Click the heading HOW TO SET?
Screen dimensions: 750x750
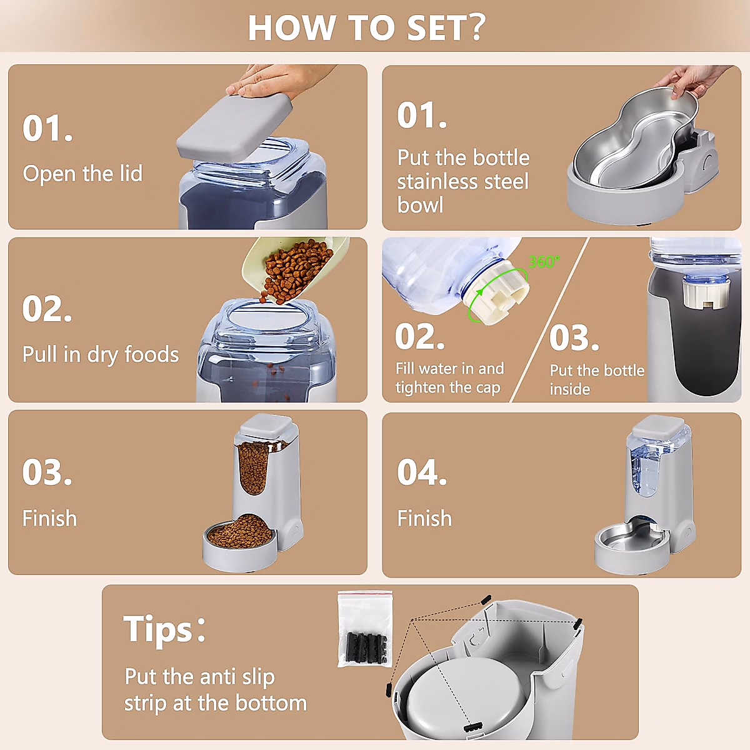pyautogui.click(x=366, y=27)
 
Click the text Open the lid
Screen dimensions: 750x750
pyautogui.click(x=82, y=174)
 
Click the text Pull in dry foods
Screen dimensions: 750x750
pyautogui.click(x=101, y=354)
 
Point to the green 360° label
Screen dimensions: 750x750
pyautogui.click(x=544, y=262)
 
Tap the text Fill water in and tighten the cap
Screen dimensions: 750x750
pyautogui.click(x=449, y=378)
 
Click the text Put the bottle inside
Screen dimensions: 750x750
pyautogui.click(x=596, y=379)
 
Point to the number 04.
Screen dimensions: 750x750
pyautogui.click(x=421, y=472)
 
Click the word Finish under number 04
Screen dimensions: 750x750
pyautogui.click(x=424, y=518)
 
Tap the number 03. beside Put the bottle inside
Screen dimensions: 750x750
pyautogui.click(x=574, y=338)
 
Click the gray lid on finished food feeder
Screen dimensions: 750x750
pyautogui.click(x=266, y=426)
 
